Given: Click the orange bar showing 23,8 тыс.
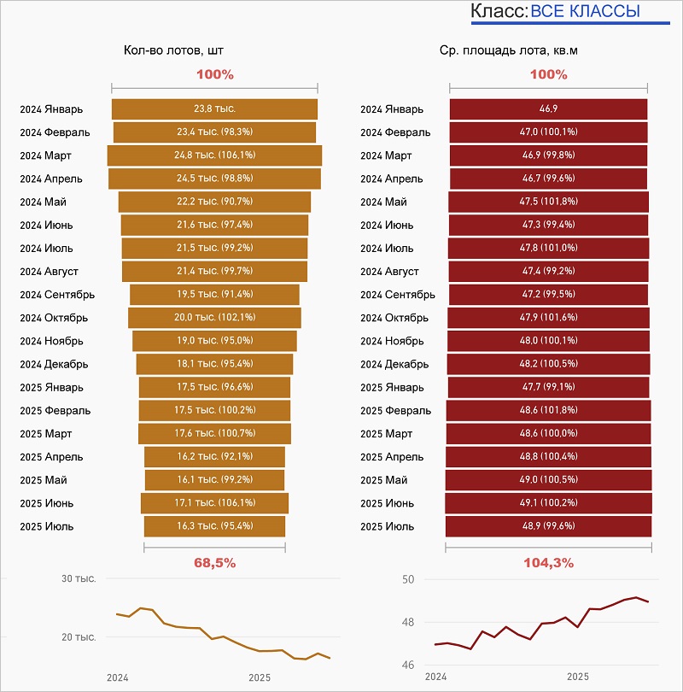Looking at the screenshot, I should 214,109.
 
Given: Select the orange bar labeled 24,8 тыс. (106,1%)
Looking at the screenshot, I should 214,155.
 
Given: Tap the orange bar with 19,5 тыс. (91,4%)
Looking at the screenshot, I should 214,295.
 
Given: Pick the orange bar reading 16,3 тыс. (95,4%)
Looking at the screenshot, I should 214,526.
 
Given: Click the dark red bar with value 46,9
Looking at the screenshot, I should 548,109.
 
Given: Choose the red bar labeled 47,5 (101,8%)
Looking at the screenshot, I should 548,202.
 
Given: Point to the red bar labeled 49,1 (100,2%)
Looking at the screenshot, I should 548,503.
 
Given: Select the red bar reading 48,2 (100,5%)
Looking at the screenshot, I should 548,364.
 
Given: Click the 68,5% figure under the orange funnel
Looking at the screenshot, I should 215,563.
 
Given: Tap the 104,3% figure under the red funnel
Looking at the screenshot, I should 548,563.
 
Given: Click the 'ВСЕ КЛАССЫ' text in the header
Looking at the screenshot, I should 585,12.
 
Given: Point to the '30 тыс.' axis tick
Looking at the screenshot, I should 79,579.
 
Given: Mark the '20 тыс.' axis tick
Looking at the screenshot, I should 79,637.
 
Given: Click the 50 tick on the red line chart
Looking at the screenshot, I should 408,580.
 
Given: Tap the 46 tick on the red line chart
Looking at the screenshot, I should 408,665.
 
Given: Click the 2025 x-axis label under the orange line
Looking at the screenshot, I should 260,677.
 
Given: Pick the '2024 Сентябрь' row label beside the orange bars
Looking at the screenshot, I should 57,295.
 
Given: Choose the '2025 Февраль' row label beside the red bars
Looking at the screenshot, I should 396,411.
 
